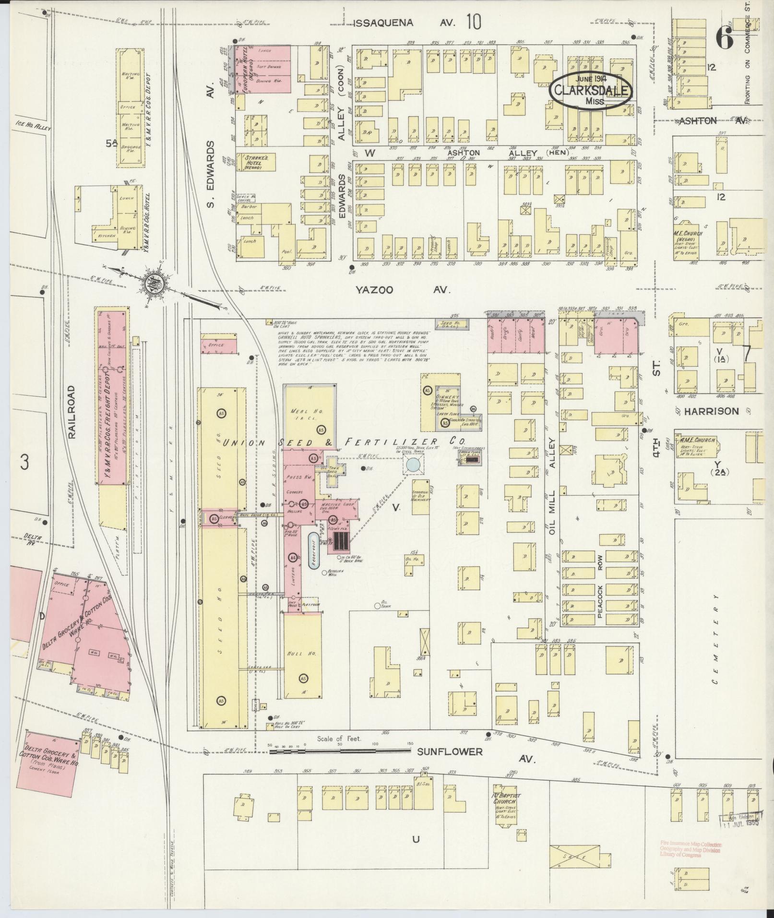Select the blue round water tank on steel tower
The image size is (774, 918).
[412, 464]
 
